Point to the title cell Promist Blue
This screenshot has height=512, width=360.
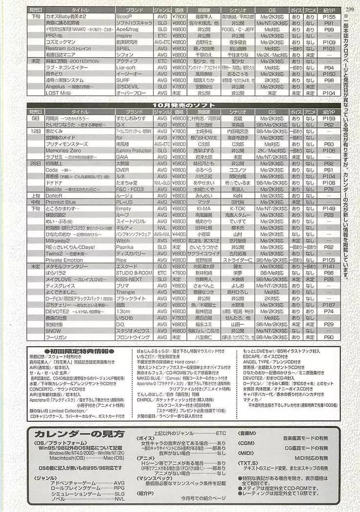tap(60, 201)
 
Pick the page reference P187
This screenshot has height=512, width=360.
tap(329, 305)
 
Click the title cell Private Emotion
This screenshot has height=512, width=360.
tap(64, 260)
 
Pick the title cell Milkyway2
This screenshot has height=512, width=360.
tap(58, 241)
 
